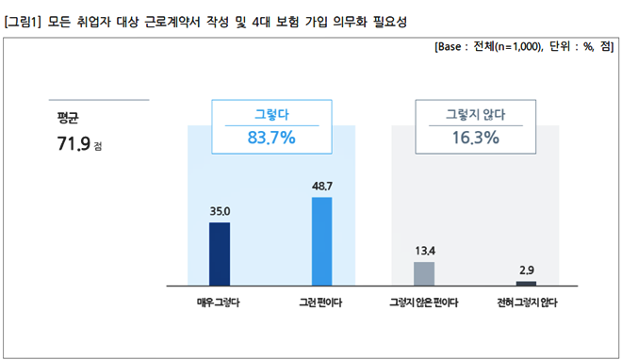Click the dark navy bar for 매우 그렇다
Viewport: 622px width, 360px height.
(219, 253)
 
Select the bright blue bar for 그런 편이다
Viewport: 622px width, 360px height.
(321, 240)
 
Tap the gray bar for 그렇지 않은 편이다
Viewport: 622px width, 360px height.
(424, 272)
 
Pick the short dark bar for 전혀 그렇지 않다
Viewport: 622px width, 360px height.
(526, 283)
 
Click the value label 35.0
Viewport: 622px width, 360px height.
(219, 213)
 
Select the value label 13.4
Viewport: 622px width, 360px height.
(424, 252)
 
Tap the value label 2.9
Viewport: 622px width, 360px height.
(526, 271)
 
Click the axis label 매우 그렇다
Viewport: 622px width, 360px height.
(219, 303)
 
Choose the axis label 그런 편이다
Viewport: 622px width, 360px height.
(320, 303)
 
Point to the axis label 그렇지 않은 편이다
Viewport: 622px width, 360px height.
(424, 303)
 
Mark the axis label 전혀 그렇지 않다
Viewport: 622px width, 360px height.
(527, 303)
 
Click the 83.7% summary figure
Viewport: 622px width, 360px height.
(271, 138)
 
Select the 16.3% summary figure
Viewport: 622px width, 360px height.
(474, 138)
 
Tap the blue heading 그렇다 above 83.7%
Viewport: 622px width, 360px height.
(271, 115)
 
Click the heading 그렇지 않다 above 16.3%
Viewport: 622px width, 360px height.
(474, 115)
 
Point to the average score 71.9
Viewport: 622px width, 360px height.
(73, 144)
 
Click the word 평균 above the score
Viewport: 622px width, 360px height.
(68, 118)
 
